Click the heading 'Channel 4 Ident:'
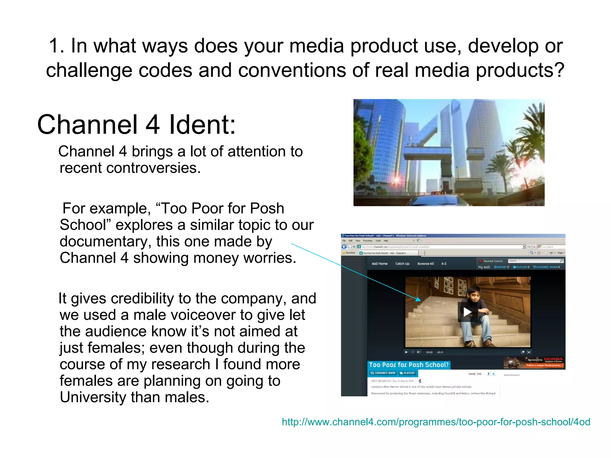136,125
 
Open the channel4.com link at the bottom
436,422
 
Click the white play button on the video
467,312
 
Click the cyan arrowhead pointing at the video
418,299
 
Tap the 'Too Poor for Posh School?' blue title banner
408,365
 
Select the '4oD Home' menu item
379,264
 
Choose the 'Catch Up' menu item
402,264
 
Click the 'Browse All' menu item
425,264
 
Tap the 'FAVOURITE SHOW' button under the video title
383,373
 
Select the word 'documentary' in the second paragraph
105,242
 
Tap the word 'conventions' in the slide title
292,70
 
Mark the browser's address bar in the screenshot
442,247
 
